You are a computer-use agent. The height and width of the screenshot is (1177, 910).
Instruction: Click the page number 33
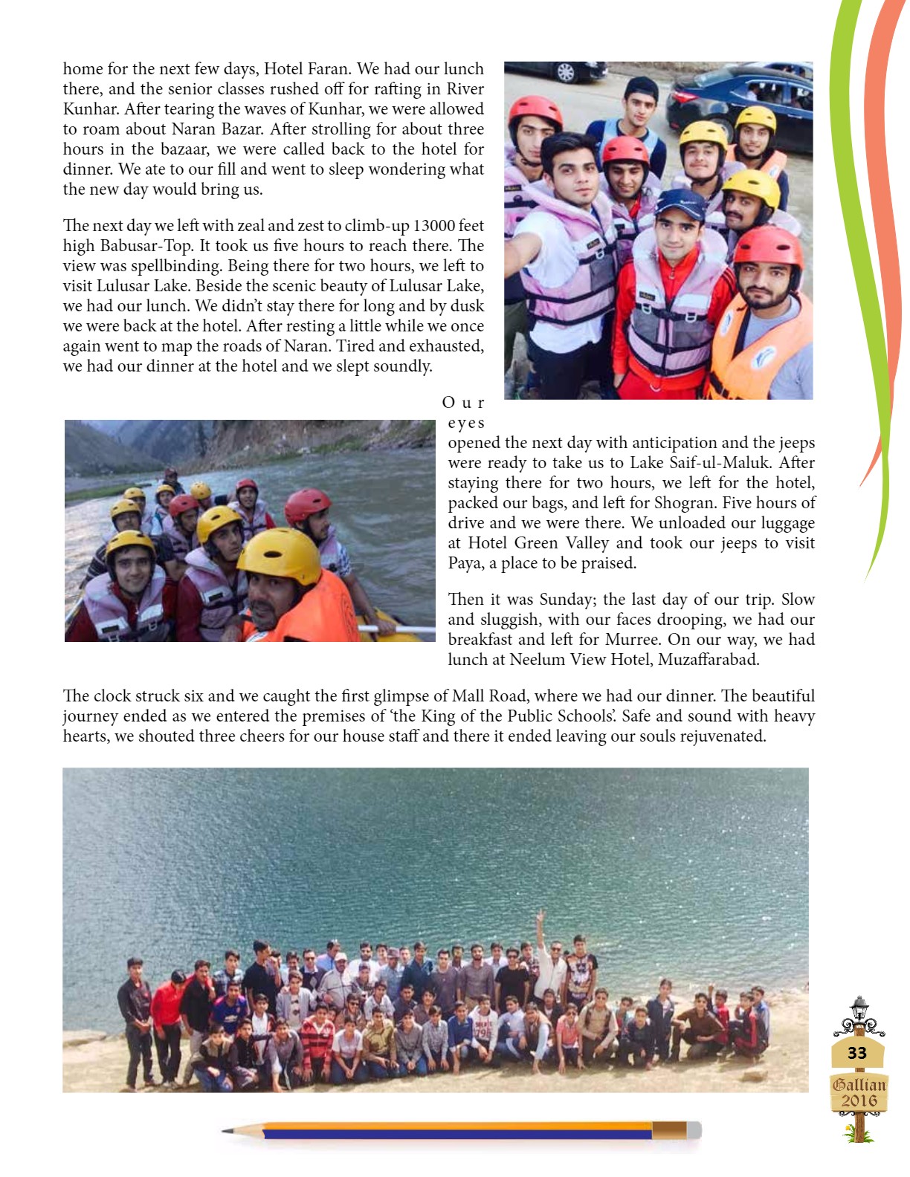(x=857, y=1052)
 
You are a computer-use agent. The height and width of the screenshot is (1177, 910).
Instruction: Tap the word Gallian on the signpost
(x=859, y=1084)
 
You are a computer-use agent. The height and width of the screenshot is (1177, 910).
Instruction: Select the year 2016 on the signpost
(x=859, y=1100)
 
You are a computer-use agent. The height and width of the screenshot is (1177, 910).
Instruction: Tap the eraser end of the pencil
(x=694, y=1130)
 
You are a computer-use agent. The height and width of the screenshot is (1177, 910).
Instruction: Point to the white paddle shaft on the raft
(x=398, y=629)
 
